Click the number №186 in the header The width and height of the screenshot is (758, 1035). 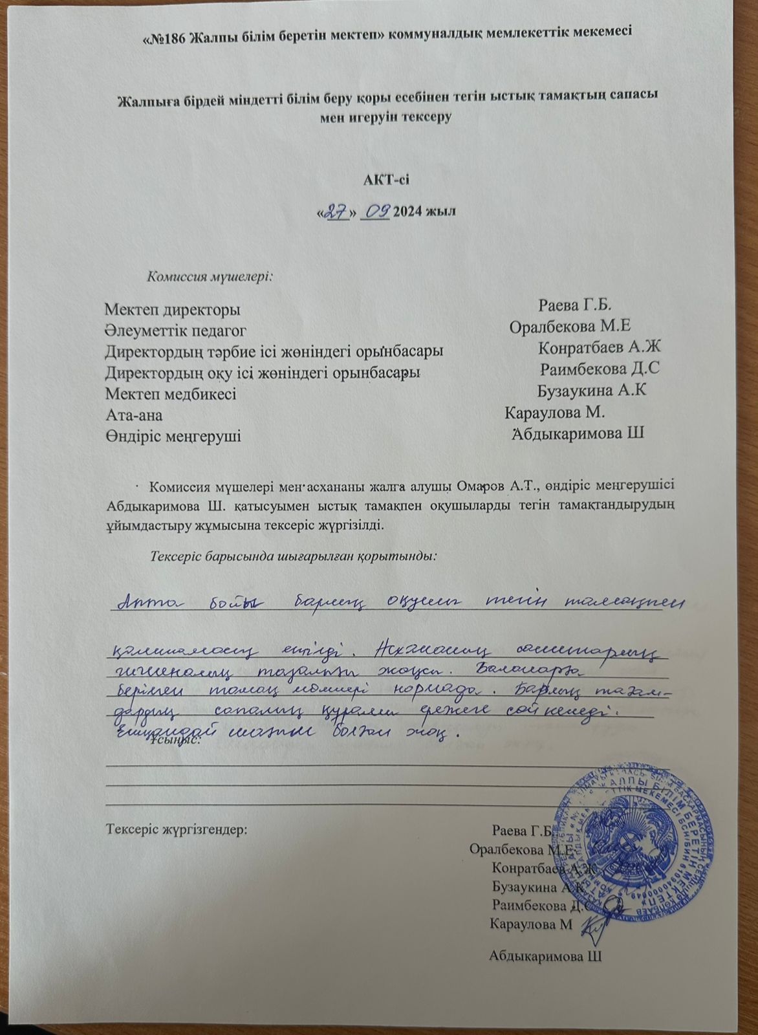click(x=168, y=34)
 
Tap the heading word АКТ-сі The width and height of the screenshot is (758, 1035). click(x=386, y=180)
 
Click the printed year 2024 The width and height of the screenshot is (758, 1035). click(x=409, y=213)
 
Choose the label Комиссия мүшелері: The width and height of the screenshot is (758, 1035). click(x=210, y=276)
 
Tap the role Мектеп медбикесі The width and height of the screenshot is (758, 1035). click(x=170, y=393)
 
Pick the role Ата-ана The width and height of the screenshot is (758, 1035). click(x=134, y=415)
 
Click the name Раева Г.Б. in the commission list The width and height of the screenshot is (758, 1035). click(x=575, y=305)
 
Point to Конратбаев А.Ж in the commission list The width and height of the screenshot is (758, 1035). click(x=598, y=347)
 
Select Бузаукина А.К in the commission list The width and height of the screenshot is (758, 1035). click(x=592, y=390)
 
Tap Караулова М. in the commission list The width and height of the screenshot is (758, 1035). click(x=554, y=412)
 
